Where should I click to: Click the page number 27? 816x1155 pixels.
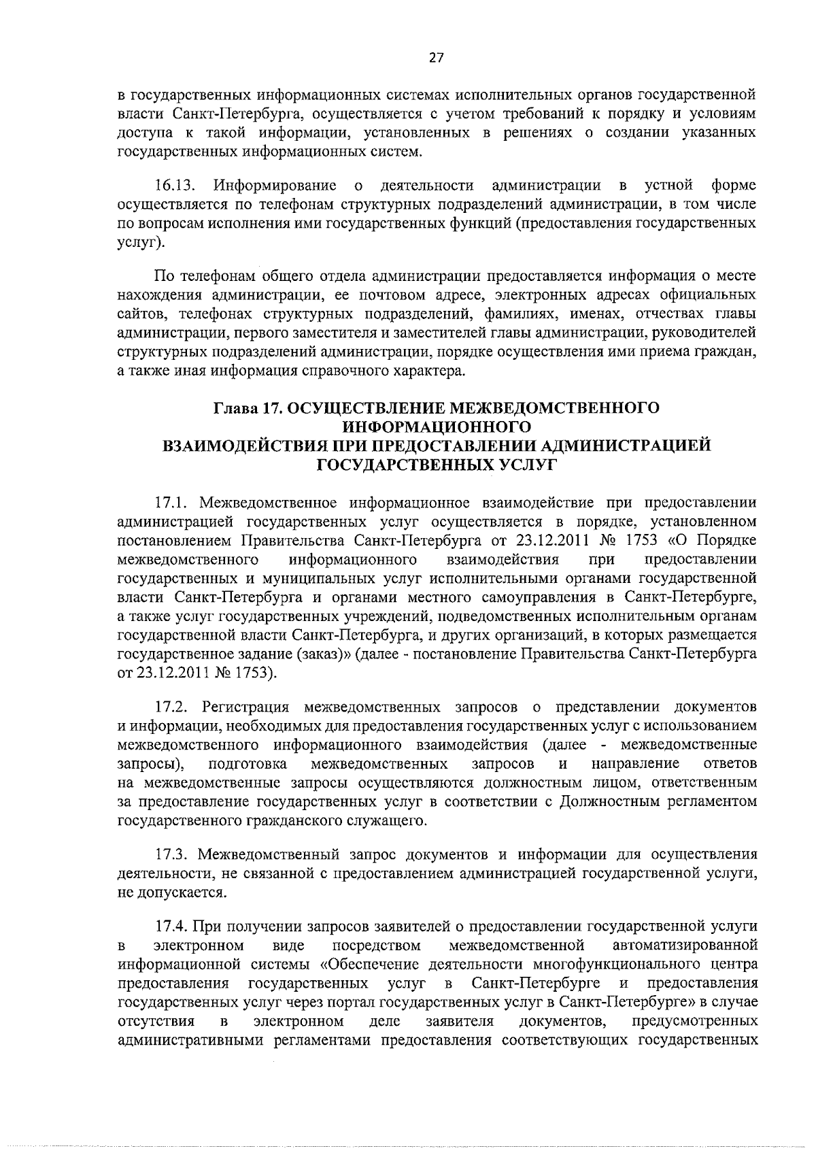click(x=436, y=58)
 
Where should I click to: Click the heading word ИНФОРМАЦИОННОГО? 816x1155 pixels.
click(x=436, y=427)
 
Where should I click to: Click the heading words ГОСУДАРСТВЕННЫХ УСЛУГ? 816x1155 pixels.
click(x=436, y=465)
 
